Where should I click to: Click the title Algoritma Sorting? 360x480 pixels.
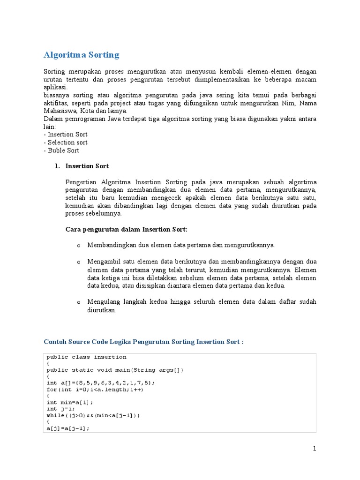tap(81, 55)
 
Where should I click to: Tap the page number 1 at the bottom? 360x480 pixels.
tap(315, 449)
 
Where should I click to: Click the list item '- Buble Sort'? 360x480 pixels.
tap(61, 150)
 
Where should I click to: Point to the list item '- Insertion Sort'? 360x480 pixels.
tap(66, 135)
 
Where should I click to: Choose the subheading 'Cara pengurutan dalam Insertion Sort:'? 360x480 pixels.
tap(126, 229)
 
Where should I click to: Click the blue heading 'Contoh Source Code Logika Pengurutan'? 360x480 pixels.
tap(143, 342)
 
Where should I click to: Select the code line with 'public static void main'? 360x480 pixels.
tap(115, 370)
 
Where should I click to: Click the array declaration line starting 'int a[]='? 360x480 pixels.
tap(100, 382)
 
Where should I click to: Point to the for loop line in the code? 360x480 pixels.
tap(95, 390)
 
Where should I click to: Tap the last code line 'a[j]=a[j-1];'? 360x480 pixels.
tap(68, 428)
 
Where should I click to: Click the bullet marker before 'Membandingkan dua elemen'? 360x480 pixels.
tap(79, 246)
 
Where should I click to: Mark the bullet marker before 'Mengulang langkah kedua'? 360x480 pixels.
tap(79, 302)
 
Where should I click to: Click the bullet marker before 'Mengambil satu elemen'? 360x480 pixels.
tap(79, 262)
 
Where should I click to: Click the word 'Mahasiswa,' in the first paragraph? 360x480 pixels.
tap(60, 111)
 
